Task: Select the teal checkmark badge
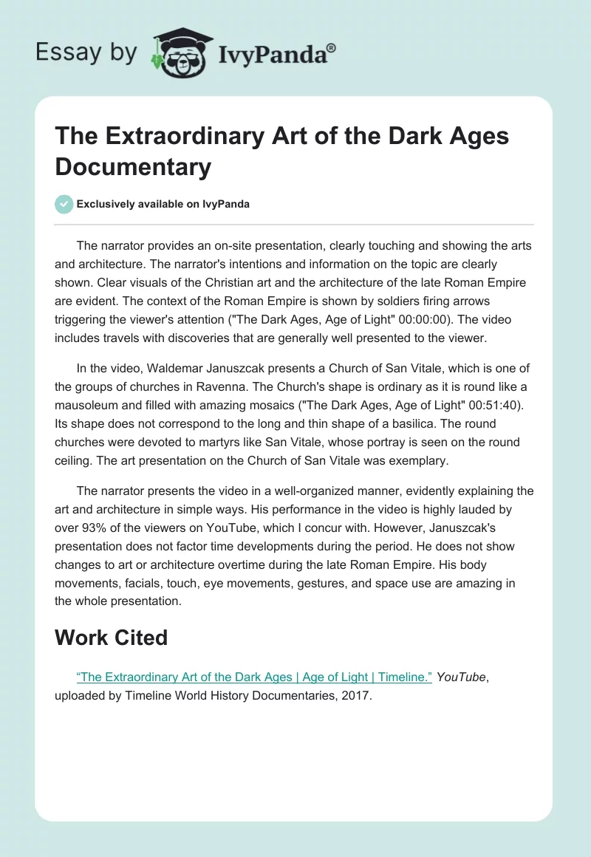64,204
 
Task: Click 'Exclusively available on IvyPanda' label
164,204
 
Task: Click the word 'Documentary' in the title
133,166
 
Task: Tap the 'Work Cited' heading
111,637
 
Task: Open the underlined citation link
254,677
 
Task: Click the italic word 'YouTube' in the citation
461,677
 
